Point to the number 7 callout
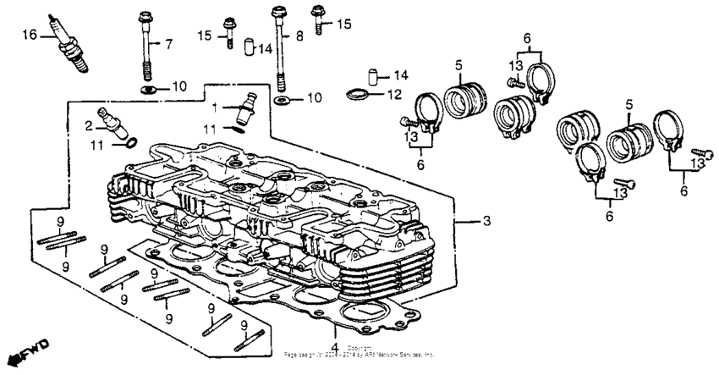167,43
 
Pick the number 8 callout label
299,36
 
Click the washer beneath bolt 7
147,88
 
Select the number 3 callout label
486,222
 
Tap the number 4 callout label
335,348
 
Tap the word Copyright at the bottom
359,348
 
